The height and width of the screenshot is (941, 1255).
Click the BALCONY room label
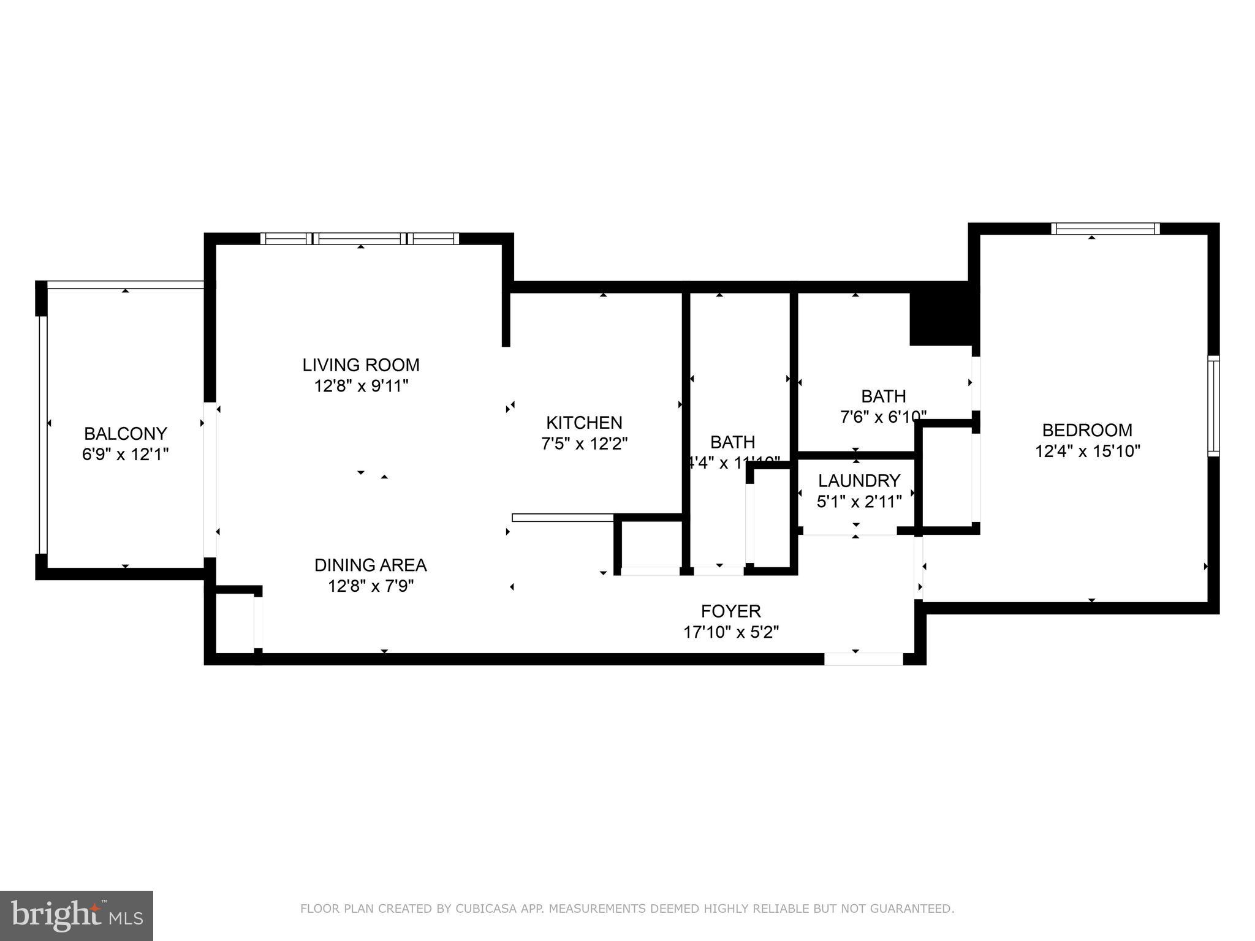(x=125, y=434)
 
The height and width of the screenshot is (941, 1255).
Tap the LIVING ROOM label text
(x=361, y=365)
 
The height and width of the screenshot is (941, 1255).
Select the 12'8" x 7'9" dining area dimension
(x=371, y=586)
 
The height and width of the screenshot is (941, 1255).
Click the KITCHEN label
(x=584, y=423)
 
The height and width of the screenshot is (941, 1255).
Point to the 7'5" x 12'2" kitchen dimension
(x=584, y=444)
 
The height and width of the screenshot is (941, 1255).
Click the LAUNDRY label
(x=859, y=480)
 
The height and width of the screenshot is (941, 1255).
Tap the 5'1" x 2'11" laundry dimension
(x=859, y=502)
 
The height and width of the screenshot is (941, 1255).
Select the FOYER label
(x=731, y=611)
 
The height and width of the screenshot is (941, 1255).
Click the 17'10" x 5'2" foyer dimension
(x=731, y=632)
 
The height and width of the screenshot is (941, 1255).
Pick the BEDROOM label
(x=1087, y=430)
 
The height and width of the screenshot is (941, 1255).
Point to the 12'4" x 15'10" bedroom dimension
(x=1087, y=452)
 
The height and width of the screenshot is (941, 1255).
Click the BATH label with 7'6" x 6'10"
(x=883, y=396)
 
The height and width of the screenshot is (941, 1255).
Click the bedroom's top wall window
(x=1105, y=229)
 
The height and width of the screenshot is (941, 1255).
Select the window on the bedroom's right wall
(x=1213, y=406)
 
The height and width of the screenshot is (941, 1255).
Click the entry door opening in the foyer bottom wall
(x=863, y=659)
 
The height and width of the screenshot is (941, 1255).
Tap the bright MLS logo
(x=77, y=915)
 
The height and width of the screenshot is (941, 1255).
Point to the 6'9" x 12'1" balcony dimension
(x=125, y=455)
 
